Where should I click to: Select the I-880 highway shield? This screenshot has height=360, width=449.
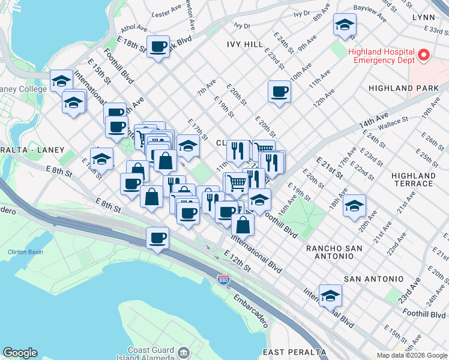click(222, 280)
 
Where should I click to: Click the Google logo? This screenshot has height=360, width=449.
click(20, 353)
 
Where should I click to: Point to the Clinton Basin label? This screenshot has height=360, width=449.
click(25, 252)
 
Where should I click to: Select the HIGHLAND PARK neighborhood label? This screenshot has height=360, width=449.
click(415, 88)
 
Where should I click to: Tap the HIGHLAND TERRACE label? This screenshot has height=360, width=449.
click(413, 180)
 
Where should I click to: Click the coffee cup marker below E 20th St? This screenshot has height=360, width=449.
click(279, 92)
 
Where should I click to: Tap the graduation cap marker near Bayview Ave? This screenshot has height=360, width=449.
click(345, 25)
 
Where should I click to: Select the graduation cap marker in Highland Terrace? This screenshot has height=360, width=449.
click(354, 205)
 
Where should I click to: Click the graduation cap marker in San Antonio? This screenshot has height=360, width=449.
click(330, 295)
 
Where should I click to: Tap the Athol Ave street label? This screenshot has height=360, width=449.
click(134, 28)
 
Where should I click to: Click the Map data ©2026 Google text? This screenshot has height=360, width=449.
click(411, 355)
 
